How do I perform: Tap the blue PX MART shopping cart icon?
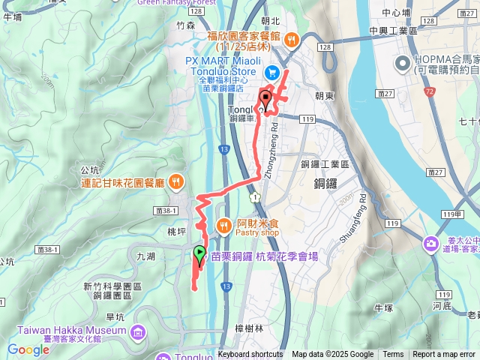point(271,73)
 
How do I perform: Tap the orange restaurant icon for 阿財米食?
point(224,224)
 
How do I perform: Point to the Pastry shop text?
point(259,232)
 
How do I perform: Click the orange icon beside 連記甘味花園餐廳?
point(175,181)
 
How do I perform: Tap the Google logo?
point(28,349)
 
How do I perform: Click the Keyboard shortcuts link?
point(251,355)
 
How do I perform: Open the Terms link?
point(393,355)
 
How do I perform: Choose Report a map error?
point(445,355)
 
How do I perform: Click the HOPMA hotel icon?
point(402,61)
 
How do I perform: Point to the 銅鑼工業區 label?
point(324,163)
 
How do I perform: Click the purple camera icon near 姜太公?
point(430,244)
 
